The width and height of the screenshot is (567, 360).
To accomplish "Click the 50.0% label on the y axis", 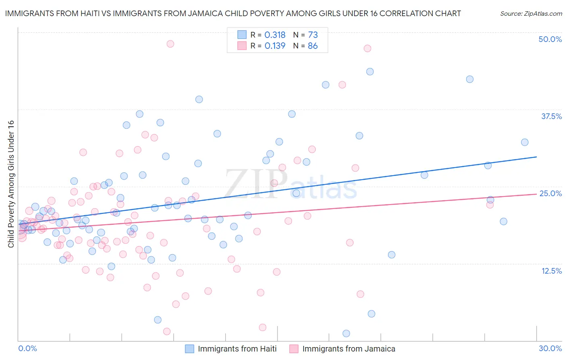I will (x=550, y=39).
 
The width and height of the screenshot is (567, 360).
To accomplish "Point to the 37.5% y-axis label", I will (x=551, y=116).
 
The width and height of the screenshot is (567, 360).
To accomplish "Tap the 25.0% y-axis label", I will (x=550, y=193).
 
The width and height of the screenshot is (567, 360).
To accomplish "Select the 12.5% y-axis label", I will (x=551, y=271).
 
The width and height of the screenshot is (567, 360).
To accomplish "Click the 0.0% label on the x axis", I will (x=27, y=348).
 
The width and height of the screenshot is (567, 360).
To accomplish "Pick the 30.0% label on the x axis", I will (x=550, y=348).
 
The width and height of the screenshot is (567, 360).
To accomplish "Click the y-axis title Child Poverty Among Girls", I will (x=11, y=184).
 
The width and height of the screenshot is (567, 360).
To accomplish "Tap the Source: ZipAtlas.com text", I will (x=531, y=13).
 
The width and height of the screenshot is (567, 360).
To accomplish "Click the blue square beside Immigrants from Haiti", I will (x=190, y=349).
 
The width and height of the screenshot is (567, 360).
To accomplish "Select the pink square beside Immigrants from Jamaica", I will (x=294, y=349).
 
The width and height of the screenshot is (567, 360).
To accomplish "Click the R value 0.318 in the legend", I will (x=275, y=35).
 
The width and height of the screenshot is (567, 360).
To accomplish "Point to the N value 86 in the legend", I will (x=313, y=46).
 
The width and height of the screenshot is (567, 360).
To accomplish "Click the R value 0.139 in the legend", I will (x=275, y=46).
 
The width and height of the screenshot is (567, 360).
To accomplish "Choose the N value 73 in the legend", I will (x=313, y=35).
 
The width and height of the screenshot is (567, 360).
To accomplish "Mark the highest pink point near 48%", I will (x=170, y=44).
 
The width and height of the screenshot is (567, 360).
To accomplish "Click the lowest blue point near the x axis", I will (x=346, y=333).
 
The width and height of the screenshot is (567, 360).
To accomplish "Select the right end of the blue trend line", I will (x=536, y=157).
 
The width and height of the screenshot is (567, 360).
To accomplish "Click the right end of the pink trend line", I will (x=536, y=194).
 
